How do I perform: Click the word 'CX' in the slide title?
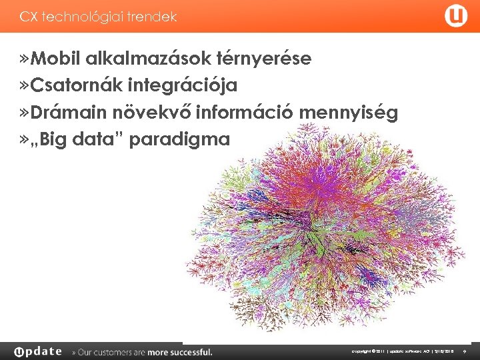click(28, 17)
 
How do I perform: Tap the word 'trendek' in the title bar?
click(154, 17)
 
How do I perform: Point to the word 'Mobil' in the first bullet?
click(53, 59)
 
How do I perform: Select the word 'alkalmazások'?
click(147, 59)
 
